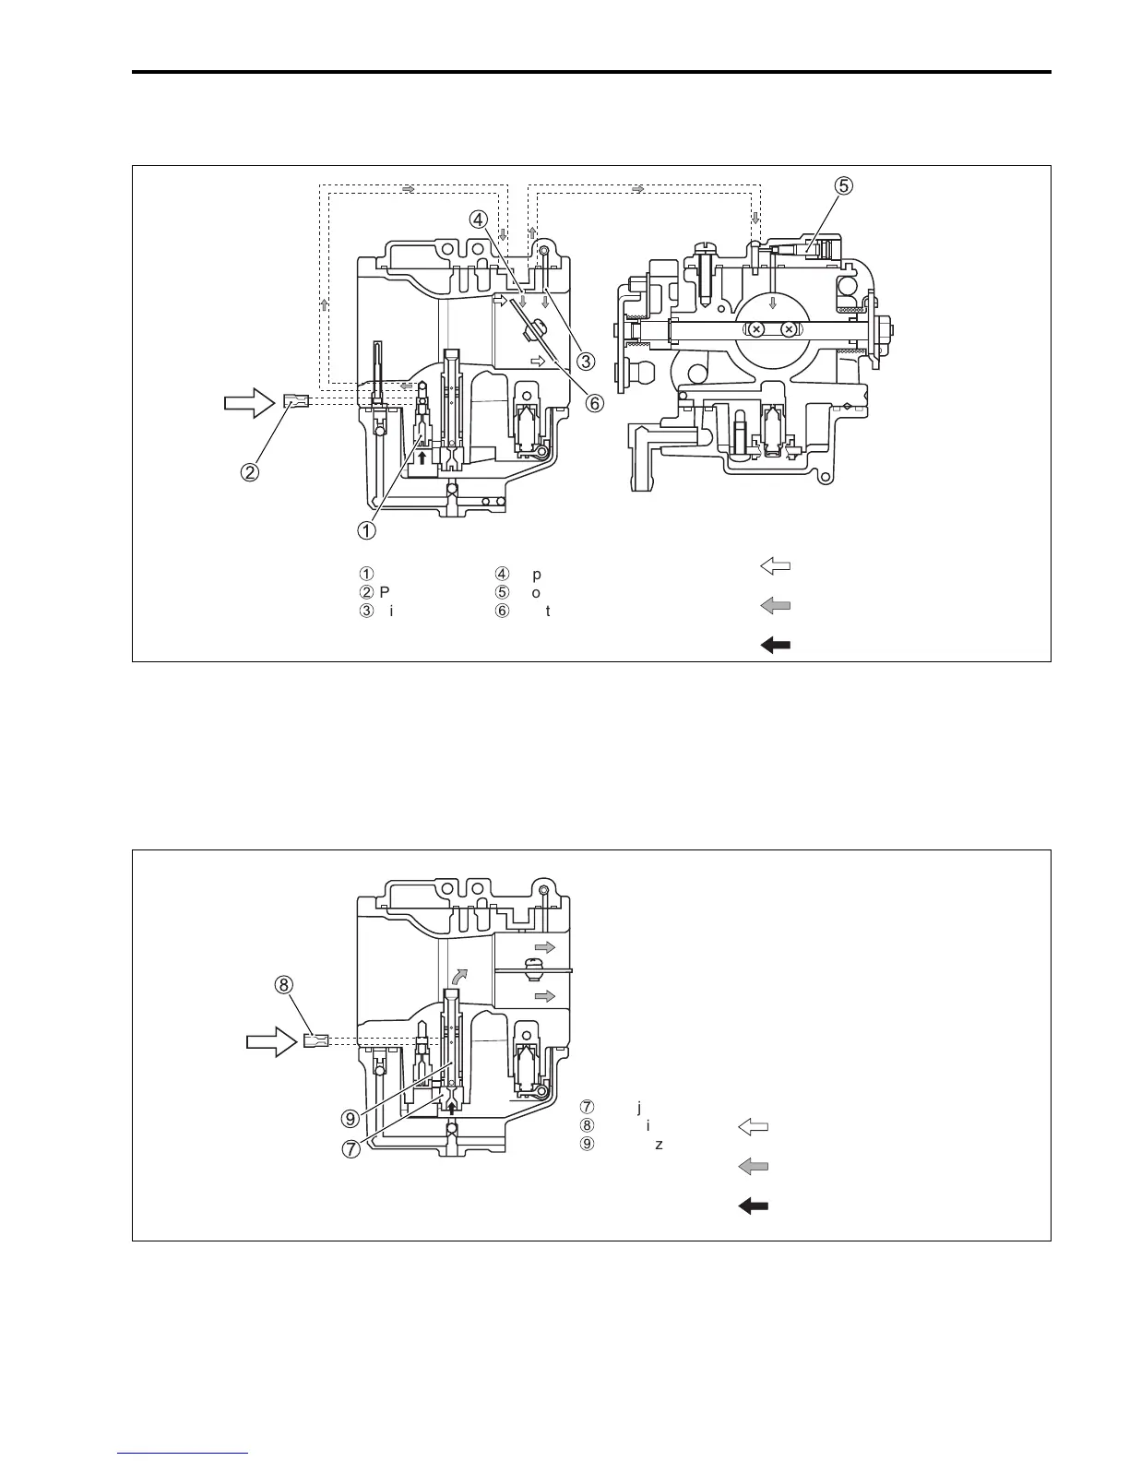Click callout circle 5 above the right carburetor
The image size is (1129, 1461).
coord(844,185)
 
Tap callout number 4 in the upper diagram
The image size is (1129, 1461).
coord(478,220)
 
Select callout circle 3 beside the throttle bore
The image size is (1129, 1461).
coord(585,361)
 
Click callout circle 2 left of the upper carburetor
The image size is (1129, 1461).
coord(251,471)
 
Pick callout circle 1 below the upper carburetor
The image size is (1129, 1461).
coord(367,530)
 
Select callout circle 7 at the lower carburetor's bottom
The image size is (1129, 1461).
coord(351,1149)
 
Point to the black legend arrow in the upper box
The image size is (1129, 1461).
coord(775,646)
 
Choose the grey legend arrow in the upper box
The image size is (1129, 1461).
coord(775,606)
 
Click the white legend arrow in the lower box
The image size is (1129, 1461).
coord(754,1126)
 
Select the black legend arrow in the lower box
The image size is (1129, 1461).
coord(754,1206)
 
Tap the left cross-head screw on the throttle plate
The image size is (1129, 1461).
coord(756,329)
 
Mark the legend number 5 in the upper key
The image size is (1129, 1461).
coord(503,592)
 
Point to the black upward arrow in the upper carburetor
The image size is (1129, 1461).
coord(422,456)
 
